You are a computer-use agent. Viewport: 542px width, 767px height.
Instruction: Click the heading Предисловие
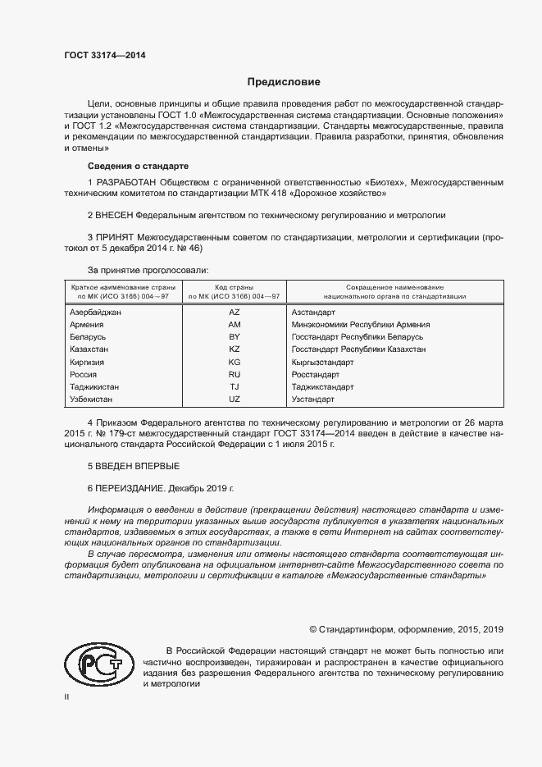284,82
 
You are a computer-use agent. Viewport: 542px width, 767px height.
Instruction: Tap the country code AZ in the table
234,313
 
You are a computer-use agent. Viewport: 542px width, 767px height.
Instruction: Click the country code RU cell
234,374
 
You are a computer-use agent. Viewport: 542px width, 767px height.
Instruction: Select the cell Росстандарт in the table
316,374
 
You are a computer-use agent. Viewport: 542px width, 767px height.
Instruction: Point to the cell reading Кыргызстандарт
322,362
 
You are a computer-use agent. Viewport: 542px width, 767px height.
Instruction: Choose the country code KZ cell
234,349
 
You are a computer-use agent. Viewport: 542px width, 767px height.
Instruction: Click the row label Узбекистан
93,399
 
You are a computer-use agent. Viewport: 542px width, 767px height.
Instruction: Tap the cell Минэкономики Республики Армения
360,325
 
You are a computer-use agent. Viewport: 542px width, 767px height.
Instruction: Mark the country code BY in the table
234,337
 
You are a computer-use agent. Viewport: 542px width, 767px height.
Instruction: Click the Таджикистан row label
95,386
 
